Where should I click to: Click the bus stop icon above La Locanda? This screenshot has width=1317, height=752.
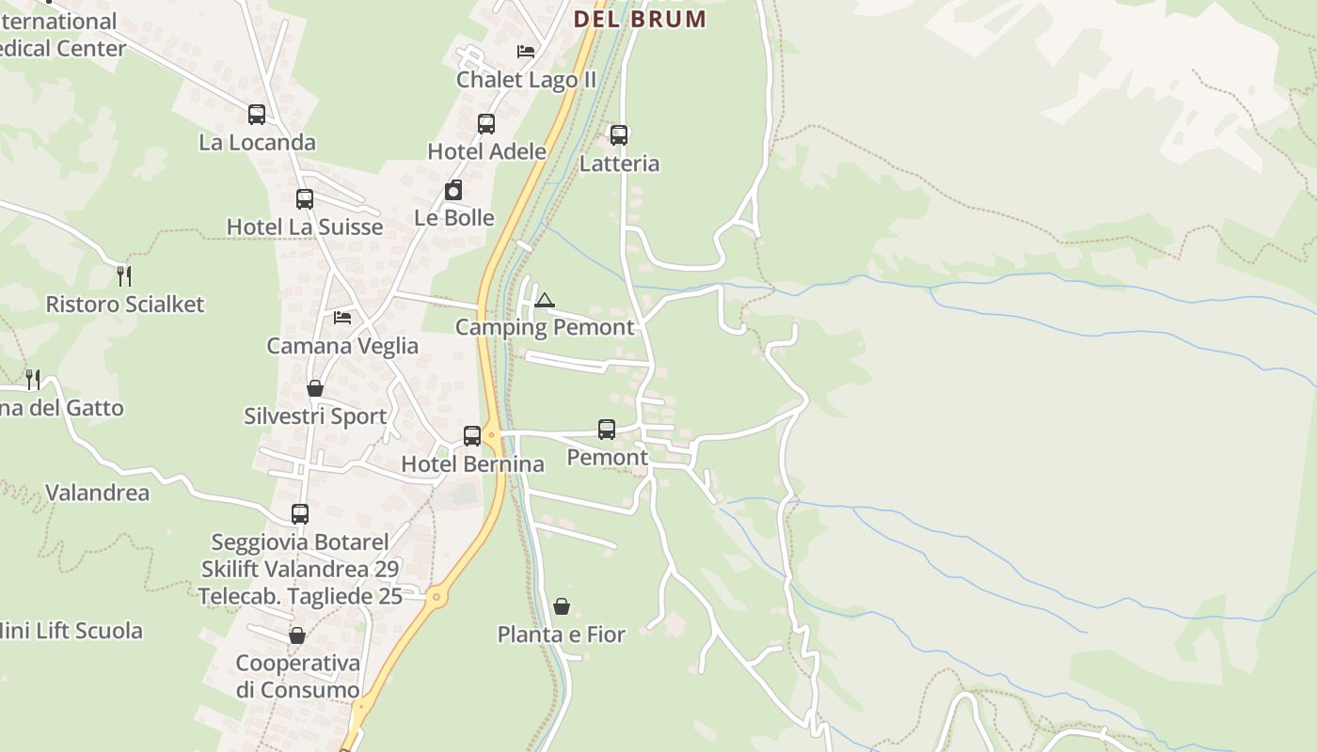pyautogui.click(x=257, y=115)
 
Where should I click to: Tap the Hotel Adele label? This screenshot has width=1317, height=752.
pyautogui.click(x=486, y=151)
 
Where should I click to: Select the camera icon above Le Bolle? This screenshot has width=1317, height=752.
pyautogui.click(x=453, y=191)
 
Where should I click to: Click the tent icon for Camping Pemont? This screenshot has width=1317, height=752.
pyautogui.click(x=544, y=300)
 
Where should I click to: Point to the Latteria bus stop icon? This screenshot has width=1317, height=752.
pyautogui.click(x=619, y=135)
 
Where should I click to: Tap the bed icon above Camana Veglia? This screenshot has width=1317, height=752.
pyautogui.click(x=342, y=318)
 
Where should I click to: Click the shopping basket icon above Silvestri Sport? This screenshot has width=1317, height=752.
pyautogui.click(x=315, y=388)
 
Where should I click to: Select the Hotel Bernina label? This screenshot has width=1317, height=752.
pyautogui.click(x=472, y=464)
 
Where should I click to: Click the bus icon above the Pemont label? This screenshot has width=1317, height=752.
pyautogui.click(x=607, y=430)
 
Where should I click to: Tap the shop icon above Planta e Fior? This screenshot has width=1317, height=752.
pyautogui.click(x=562, y=606)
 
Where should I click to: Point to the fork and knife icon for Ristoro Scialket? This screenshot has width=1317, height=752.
pyautogui.click(x=124, y=275)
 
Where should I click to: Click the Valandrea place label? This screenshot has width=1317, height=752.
pyautogui.click(x=97, y=493)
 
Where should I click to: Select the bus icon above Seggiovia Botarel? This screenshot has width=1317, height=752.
pyautogui.click(x=300, y=514)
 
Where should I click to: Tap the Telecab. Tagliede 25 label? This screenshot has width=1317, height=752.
pyautogui.click(x=300, y=596)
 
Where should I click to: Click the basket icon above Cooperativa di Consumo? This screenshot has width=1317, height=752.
pyautogui.click(x=297, y=635)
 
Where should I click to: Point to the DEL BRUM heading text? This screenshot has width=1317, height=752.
pyautogui.click(x=640, y=19)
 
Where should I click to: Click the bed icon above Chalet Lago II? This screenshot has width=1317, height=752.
pyautogui.click(x=526, y=52)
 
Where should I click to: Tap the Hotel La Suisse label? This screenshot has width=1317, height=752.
pyautogui.click(x=305, y=227)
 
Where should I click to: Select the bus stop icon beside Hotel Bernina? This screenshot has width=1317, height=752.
pyautogui.click(x=472, y=436)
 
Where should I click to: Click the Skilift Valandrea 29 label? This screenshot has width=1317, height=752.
pyautogui.click(x=300, y=569)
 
